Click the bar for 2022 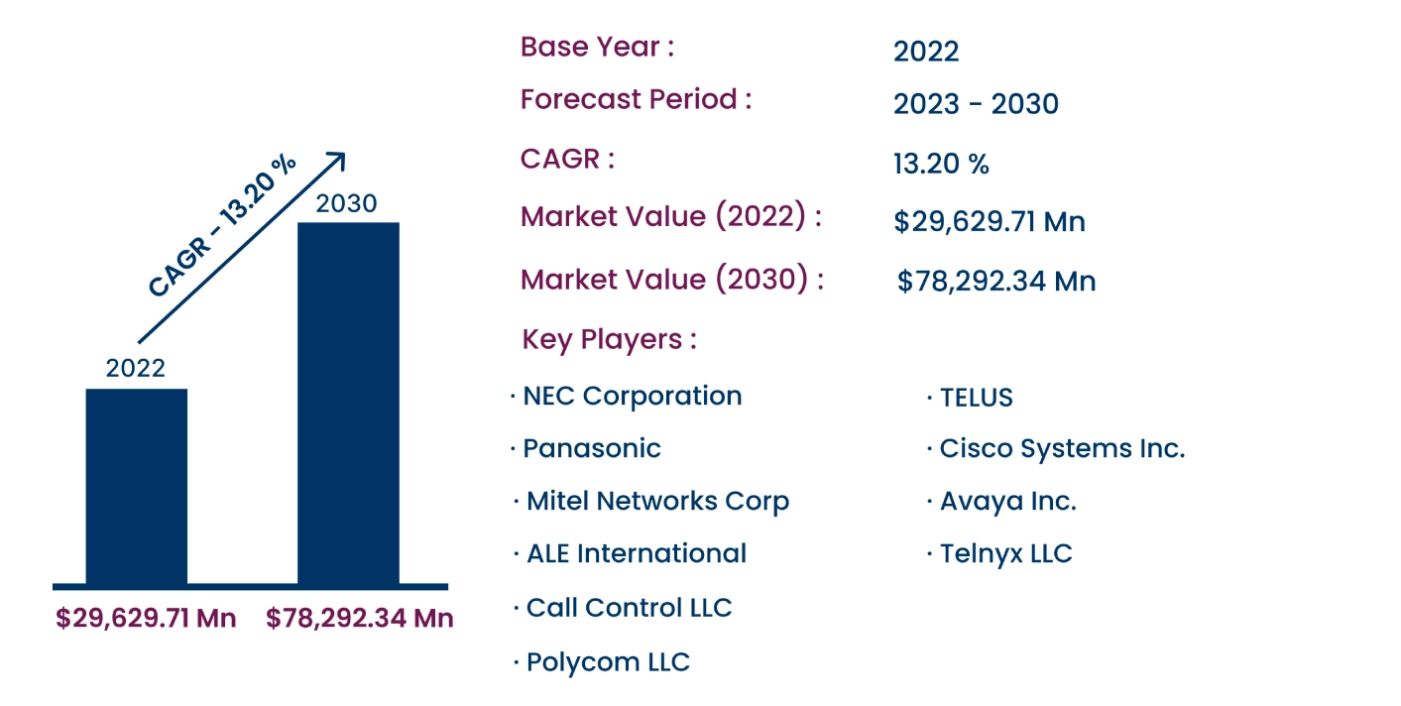[x=136, y=486]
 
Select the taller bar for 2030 [x=348, y=403]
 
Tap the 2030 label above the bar [x=346, y=203]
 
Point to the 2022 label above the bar [x=136, y=369]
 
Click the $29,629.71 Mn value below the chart [x=146, y=619]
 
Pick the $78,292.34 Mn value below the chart [x=359, y=619]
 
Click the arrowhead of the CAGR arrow [x=337, y=160]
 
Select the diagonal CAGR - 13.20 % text [x=222, y=226]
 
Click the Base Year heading [x=597, y=47]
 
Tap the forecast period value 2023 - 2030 [x=976, y=104]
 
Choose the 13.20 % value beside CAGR [x=941, y=165]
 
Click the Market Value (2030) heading [x=671, y=280]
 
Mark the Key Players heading [x=609, y=340]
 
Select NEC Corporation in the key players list [x=632, y=396]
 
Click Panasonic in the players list [x=591, y=448]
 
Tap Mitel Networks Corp [x=657, y=501]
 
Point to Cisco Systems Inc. [x=1061, y=448]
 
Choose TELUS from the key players [x=976, y=398]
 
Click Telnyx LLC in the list [x=1005, y=553]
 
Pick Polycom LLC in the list [x=608, y=662]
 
